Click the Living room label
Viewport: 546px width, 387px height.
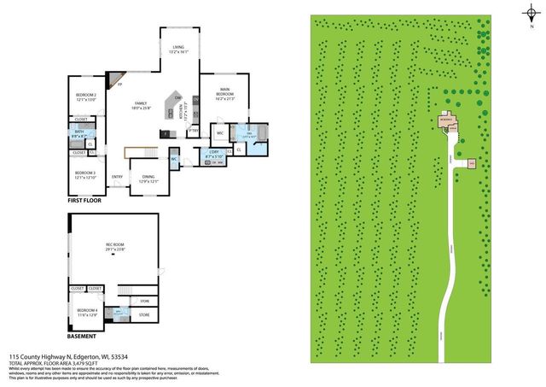click(x=177, y=50)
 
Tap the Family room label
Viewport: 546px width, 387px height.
click(x=141, y=105)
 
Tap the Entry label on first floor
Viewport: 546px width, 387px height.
click(x=118, y=177)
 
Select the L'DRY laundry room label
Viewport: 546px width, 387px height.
click(x=215, y=154)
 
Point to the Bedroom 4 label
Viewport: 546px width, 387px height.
click(x=88, y=312)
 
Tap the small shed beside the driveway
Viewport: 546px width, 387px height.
click(x=470, y=161)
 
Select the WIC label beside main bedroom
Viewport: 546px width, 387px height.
click(x=219, y=133)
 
